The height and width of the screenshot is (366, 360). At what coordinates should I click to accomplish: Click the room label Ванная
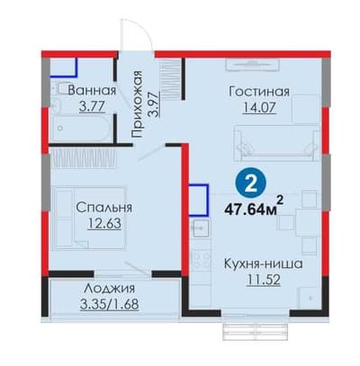point(92,91)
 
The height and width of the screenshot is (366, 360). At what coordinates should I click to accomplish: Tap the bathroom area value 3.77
point(92,106)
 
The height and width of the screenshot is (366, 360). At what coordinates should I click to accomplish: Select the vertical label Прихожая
point(137,104)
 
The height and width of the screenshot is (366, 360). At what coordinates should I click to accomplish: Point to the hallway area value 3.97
point(154,104)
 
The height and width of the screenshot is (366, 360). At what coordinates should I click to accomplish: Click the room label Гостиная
point(259,92)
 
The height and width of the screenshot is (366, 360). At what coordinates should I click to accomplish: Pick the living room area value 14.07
point(259,108)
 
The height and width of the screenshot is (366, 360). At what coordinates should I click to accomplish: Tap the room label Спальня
point(103,208)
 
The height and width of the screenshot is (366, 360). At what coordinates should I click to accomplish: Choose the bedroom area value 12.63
point(104,223)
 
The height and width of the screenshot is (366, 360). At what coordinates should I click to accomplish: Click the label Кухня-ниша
point(264,264)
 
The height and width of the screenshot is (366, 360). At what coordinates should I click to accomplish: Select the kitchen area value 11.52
point(264,280)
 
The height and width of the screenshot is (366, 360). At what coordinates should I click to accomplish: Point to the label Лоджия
point(109,290)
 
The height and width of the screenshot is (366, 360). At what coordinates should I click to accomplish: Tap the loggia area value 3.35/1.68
point(110,304)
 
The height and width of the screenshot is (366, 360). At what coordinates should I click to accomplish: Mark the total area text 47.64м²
point(254,206)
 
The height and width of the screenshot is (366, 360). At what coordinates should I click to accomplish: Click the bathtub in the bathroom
point(82,129)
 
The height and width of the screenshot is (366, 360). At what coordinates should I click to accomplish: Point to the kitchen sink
point(199,228)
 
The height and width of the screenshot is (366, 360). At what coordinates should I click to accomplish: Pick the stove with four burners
point(200,261)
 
